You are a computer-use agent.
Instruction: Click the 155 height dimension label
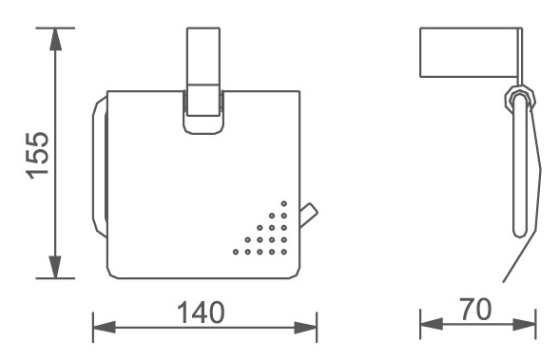coord(37,155)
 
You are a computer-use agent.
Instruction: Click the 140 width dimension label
coord(201,313)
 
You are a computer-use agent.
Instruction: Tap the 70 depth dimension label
coord(476,310)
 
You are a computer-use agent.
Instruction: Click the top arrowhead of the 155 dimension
coord(55,38)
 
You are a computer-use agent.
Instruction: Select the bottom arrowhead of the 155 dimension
coord(55,267)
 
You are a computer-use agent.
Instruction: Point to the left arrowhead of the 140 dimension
coord(105,328)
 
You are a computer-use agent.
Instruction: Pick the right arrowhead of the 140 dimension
coord(305,328)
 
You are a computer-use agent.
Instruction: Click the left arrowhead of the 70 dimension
coord(432,325)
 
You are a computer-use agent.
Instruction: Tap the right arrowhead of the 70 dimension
coord(525,325)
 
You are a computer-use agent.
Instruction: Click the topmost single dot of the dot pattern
coord(283,203)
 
